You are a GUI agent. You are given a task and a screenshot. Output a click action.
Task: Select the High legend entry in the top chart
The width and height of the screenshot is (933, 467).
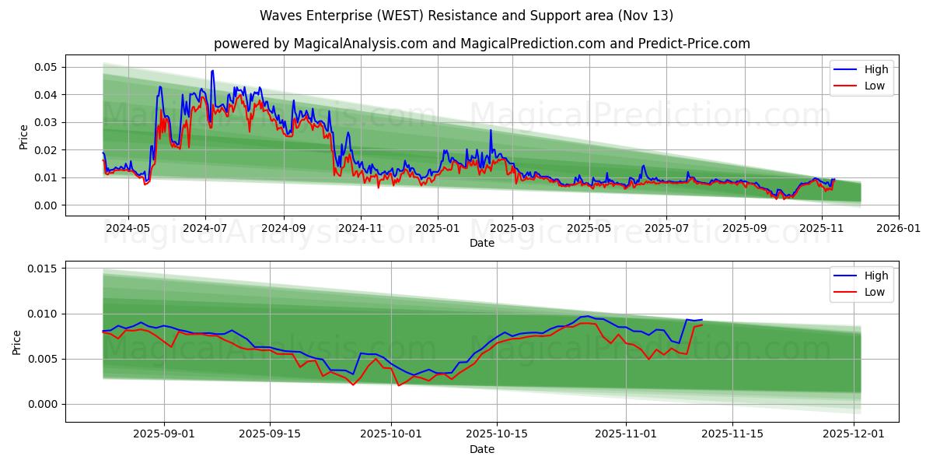click(875, 69)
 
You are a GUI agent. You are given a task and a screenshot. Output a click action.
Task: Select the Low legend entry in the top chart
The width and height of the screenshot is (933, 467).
click(875, 86)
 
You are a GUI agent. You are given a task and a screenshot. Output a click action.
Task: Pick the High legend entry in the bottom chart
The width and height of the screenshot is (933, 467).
click(875, 276)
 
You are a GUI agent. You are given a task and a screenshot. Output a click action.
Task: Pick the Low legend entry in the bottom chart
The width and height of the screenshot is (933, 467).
click(875, 292)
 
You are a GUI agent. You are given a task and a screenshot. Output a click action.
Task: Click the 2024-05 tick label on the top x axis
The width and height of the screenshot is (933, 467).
click(128, 229)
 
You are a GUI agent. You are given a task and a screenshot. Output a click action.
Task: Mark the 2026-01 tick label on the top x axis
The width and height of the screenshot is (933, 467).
click(899, 229)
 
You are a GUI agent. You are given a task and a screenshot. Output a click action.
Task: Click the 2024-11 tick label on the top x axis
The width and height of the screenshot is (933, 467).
click(361, 229)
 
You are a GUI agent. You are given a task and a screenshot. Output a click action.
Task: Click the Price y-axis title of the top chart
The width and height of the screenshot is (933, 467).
click(23, 136)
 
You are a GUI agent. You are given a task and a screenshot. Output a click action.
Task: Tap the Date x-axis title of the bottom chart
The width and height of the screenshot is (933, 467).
click(482, 450)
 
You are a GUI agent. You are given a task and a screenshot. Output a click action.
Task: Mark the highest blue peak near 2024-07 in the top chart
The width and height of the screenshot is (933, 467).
click(212, 71)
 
